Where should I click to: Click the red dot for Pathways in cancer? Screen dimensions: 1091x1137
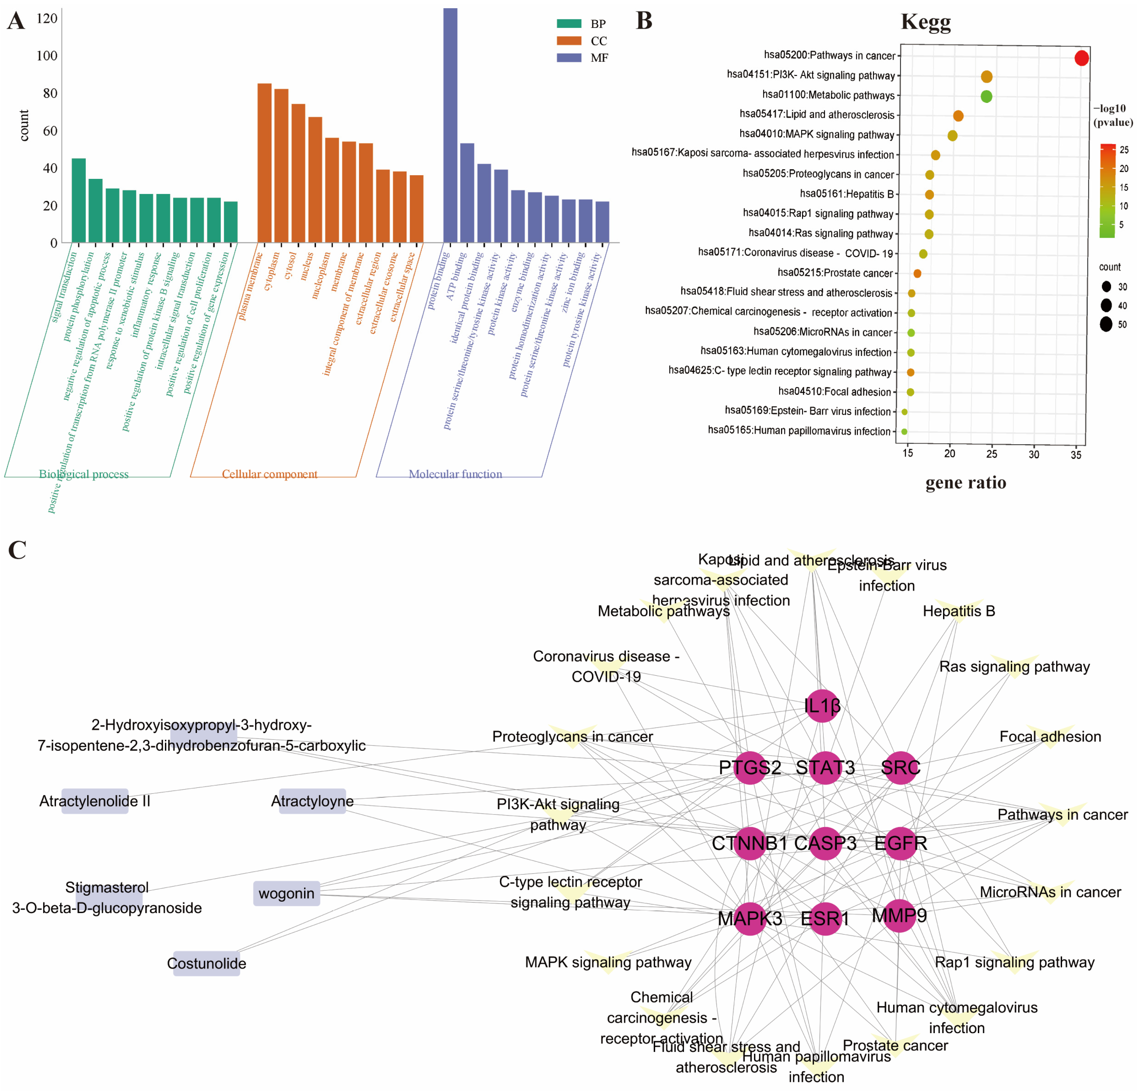tap(1081, 58)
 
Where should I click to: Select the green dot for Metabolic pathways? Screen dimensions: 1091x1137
tap(986, 96)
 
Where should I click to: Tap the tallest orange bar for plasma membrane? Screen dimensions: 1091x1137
tap(265, 162)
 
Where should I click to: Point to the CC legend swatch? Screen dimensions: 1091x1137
tap(569, 41)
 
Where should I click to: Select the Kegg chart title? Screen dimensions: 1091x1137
tap(926, 22)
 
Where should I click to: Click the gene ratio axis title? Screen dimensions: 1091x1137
tap(966, 483)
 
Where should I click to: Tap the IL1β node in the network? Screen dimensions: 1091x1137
tap(822, 706)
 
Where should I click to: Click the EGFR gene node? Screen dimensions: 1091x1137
tap(900, 843)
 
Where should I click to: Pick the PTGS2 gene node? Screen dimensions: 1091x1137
tap(750, 767)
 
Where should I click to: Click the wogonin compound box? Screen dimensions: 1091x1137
tap(287, 893)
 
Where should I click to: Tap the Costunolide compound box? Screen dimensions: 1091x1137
tap(206, 963)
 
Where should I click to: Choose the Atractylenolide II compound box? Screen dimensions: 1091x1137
tap(95, 801)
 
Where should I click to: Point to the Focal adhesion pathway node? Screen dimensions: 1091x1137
tap(1050, 737)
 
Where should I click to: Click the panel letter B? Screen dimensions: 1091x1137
tap(644, 21)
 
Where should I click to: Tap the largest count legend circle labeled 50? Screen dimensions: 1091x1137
tap(1106, 325)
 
